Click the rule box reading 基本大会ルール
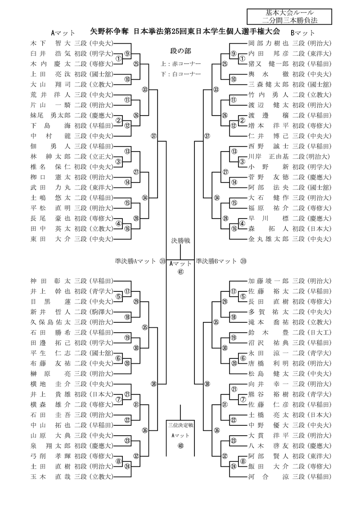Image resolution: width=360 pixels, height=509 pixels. point(289,13)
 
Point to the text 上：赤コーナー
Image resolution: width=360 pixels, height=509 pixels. point(180,63)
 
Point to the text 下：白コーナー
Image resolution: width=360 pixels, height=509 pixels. point(180,73)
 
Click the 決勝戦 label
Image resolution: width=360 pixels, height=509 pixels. point(180,241)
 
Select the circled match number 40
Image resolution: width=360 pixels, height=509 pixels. point(180,446)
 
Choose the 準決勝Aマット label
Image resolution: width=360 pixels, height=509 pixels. point(135,261)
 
